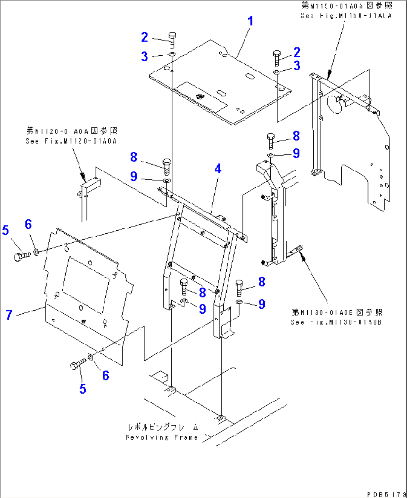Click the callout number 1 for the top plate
click(x=251, y=21)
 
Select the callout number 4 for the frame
click(x=218, y=169)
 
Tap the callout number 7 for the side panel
click(x=9, y=315)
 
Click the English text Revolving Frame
click(x=162, y=437)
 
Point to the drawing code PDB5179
click(x=386, y=494)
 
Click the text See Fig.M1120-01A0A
click(x=71, y=141)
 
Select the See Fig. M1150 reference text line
click(x=346, y=16)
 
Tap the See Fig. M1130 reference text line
click(x=336, y=322)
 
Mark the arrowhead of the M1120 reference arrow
click(x=83, y=177)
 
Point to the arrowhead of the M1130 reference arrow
click(x=303, y=257)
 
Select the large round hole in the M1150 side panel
click(x=335, y=104)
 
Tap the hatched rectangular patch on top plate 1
click(x=202, y=96)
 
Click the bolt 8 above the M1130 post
click(x=271, y=141)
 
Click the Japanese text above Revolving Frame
click(x=163, y=427)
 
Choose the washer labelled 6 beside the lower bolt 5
click(x=90, y=357)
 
